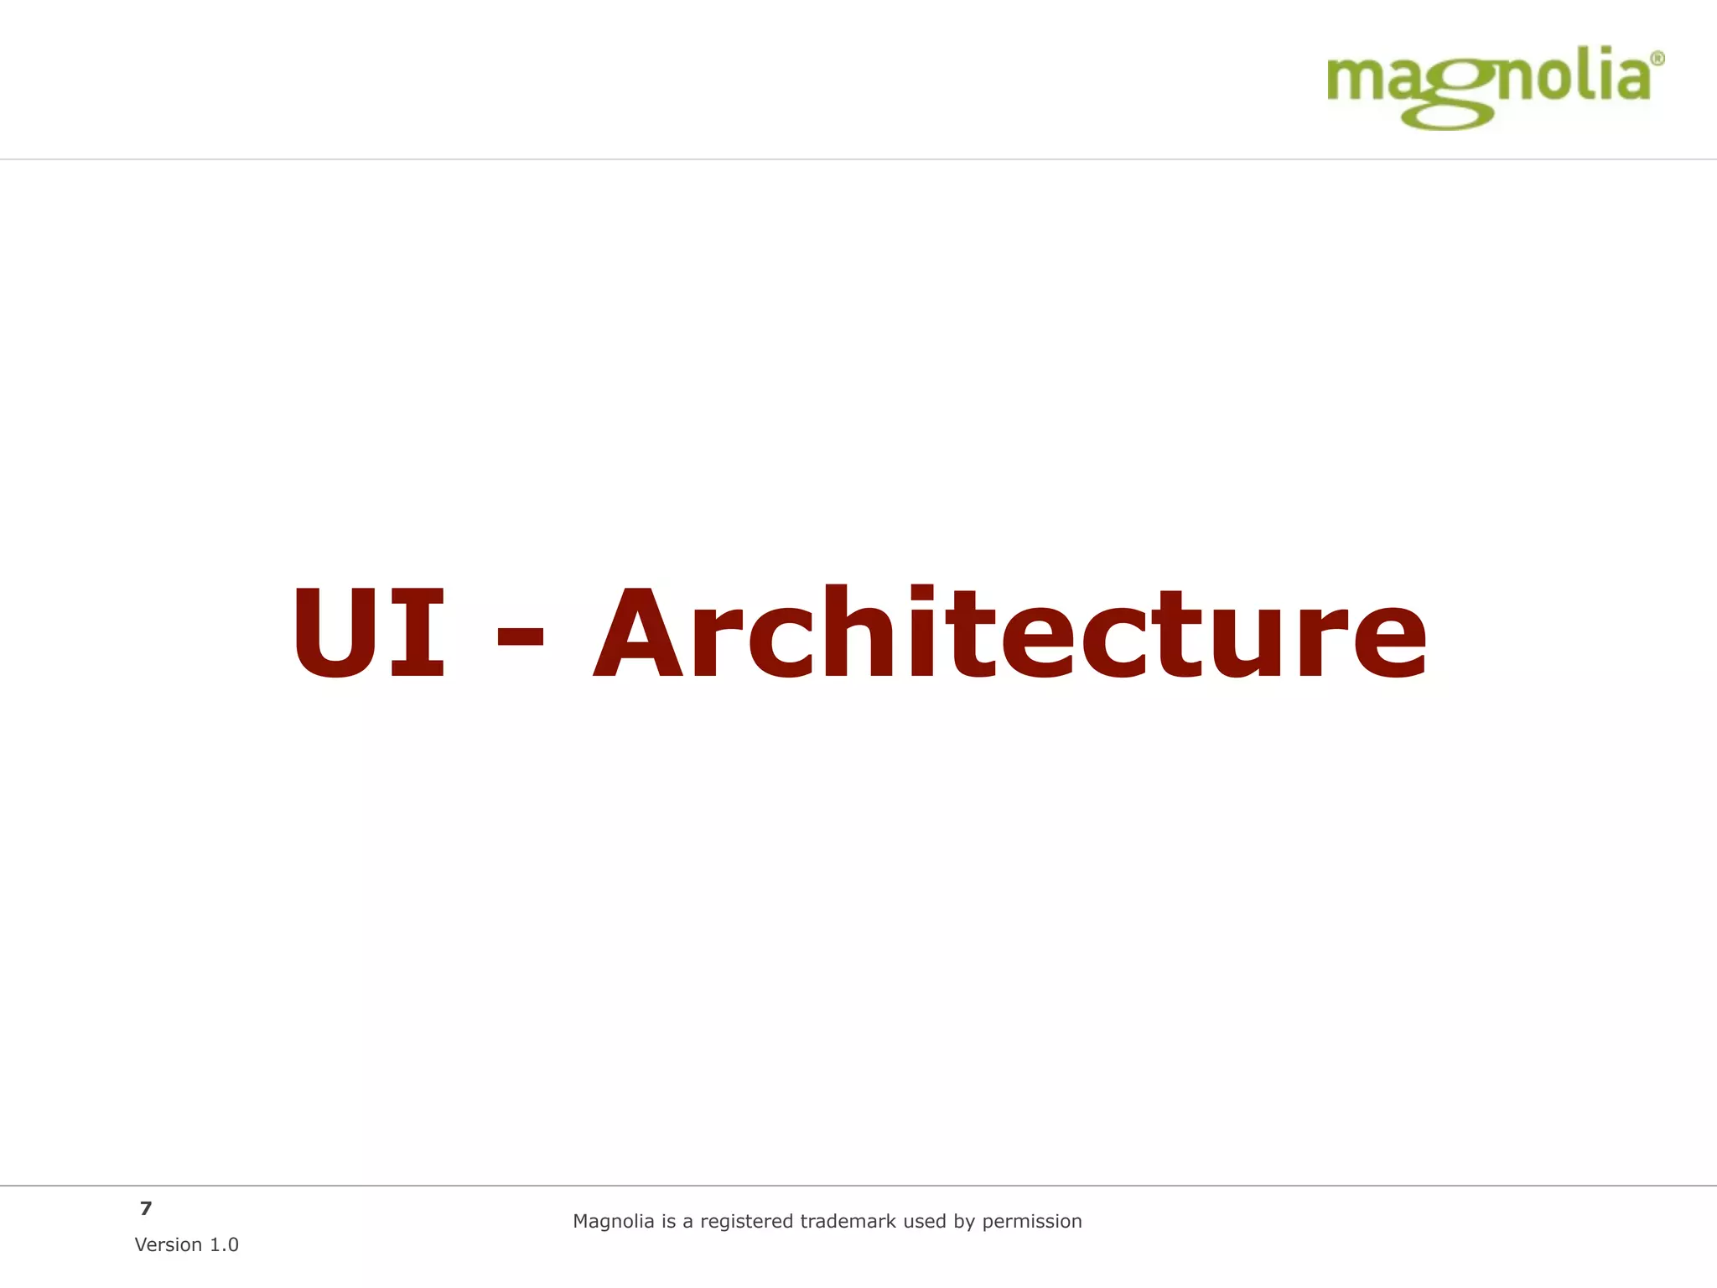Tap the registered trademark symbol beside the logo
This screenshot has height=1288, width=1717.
pos(1657,59)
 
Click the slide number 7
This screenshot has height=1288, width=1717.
pos(146,1208)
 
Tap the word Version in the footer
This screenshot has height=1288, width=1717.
pos(169,1245)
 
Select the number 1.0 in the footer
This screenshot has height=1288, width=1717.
pos(224,1245)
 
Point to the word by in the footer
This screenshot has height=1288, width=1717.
pos(965,1222)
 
